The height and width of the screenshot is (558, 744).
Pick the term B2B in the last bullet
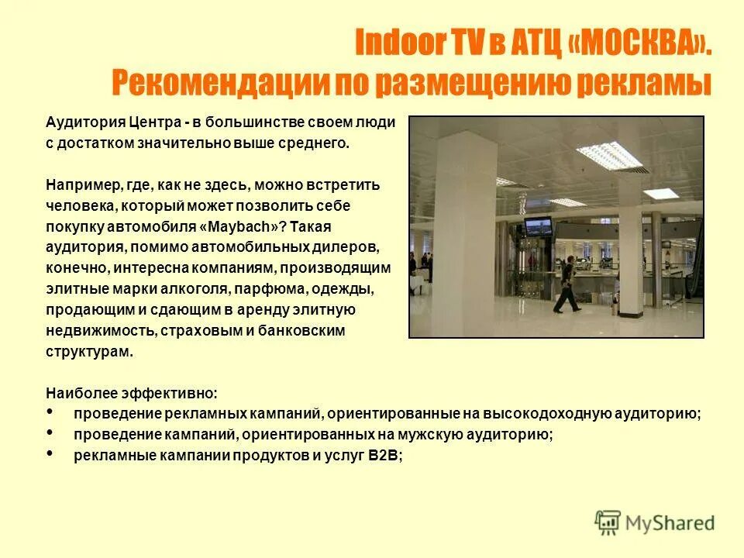[384, 456]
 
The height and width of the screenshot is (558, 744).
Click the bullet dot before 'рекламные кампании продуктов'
[50, 453]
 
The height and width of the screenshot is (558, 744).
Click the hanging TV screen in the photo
[538, 226]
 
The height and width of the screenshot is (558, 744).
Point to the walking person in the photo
[567, 285]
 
